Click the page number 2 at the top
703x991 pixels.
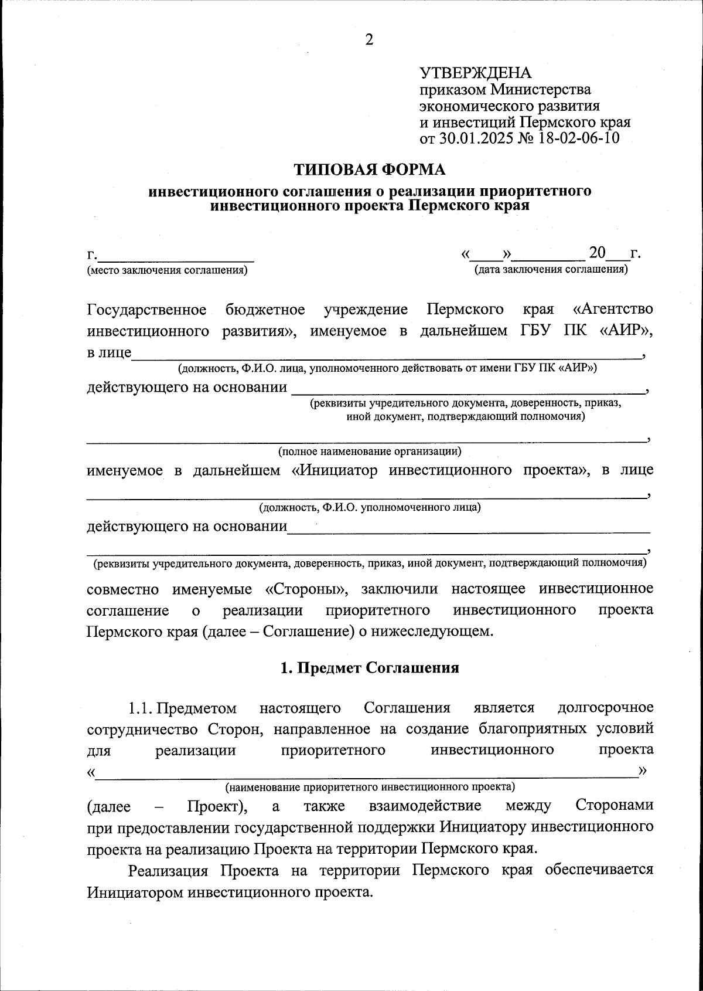(368, 40)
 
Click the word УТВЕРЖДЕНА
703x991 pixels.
(475, 73)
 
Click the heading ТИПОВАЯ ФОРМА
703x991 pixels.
(369, 169)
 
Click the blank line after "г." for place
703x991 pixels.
(176, 257)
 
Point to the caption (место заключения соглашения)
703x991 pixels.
(167, 270)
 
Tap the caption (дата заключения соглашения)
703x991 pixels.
(551, 269)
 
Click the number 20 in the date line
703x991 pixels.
(597, 253)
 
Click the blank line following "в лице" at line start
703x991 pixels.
(387, 354)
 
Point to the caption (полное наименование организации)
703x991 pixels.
(369, 452)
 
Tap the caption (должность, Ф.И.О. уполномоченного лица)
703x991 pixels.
(370, 507)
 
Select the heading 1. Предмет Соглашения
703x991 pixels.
(369, 668)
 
